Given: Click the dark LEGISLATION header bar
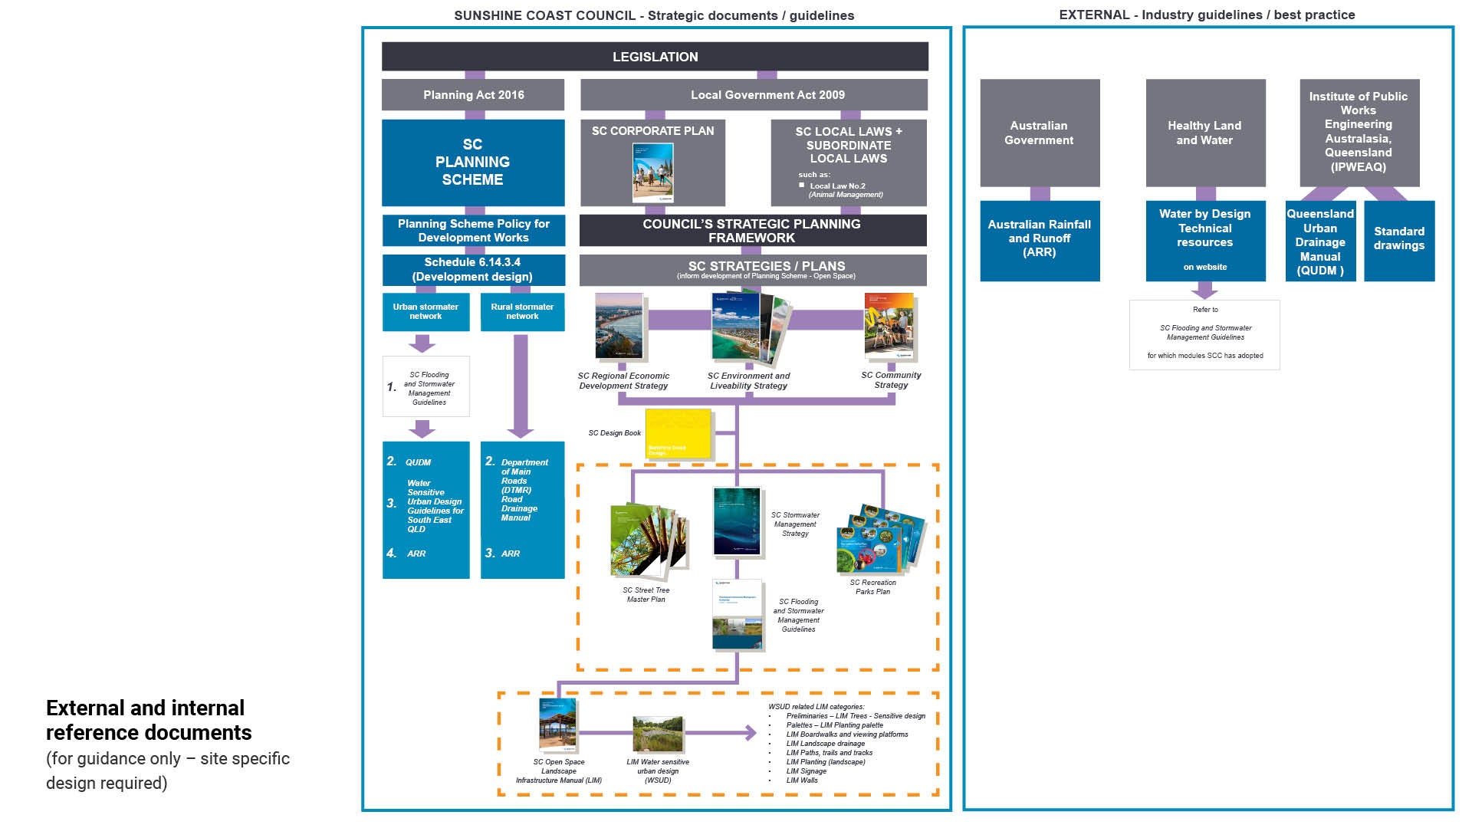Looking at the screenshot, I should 655,57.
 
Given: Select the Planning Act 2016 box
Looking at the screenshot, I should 473,95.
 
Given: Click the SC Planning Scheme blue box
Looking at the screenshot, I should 473,163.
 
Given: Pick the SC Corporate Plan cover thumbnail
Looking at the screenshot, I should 652,172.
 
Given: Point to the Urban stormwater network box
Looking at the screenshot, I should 426,311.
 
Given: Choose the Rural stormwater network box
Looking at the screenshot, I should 522,311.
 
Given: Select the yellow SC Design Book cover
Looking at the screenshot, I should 678,434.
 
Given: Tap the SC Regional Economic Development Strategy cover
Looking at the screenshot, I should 619,327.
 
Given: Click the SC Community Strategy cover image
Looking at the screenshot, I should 889,325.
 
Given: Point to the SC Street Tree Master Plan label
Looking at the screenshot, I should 646,595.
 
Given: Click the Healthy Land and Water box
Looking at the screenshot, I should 1205,133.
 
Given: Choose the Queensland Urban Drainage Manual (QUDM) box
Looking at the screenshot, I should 1320,241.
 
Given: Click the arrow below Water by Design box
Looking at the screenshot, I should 1205,290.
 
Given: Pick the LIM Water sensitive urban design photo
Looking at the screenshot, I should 658,734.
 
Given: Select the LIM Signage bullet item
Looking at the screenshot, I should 807,771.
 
